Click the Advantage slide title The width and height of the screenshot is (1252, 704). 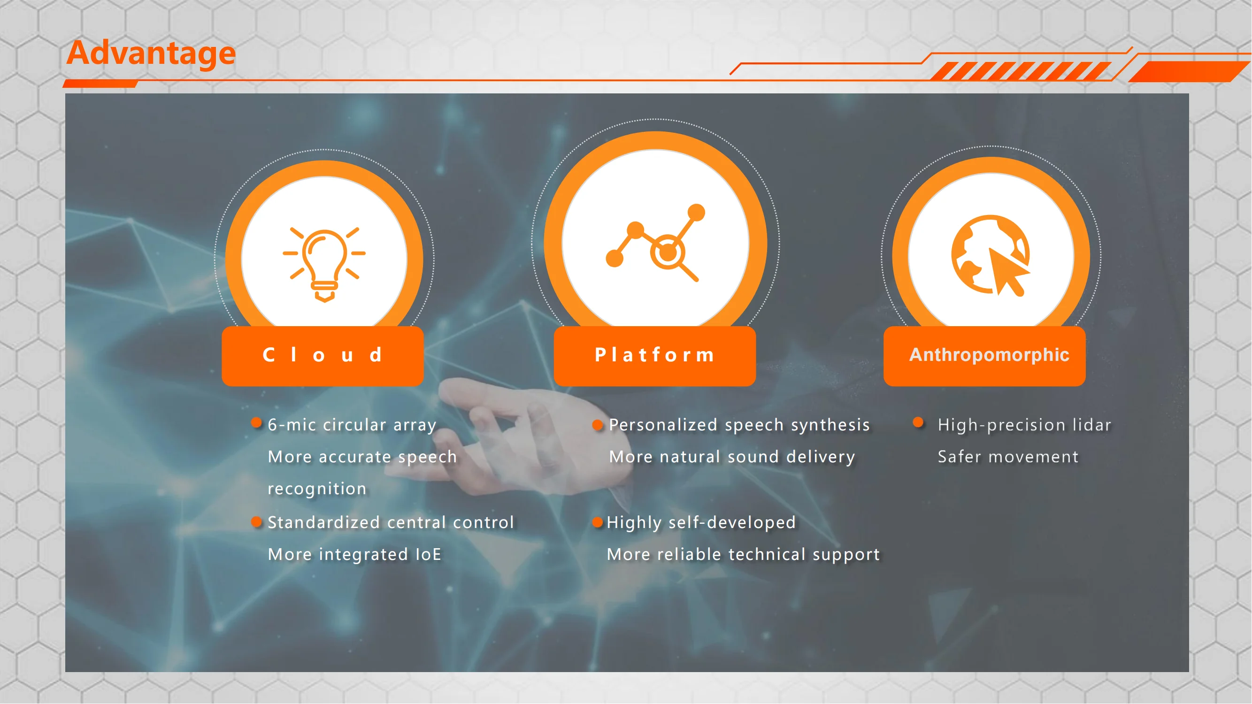point(151,53)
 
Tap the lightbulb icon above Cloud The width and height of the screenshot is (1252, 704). point(324,263)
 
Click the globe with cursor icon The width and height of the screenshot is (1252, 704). point(991,255)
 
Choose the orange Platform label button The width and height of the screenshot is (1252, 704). point(655,356)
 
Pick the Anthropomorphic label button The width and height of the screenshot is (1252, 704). point(985,356)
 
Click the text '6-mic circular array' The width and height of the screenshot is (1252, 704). point(352,425)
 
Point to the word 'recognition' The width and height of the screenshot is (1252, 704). point(317,489)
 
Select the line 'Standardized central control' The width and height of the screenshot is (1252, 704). point(391,523)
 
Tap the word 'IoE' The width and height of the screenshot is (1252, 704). point(428,555)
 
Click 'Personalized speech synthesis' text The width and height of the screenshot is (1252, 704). point(739,425)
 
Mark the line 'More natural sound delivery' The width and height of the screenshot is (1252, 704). point(732,457)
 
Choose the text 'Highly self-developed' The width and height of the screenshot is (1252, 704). point(701,523)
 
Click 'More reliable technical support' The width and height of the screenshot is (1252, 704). point(743,555)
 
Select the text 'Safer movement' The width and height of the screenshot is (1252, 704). point(1008,457)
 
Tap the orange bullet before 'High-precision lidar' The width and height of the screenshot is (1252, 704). point(918,422)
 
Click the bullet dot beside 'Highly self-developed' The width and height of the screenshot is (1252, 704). point(598,523)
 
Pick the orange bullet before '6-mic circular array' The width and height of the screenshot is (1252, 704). point(256,422)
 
